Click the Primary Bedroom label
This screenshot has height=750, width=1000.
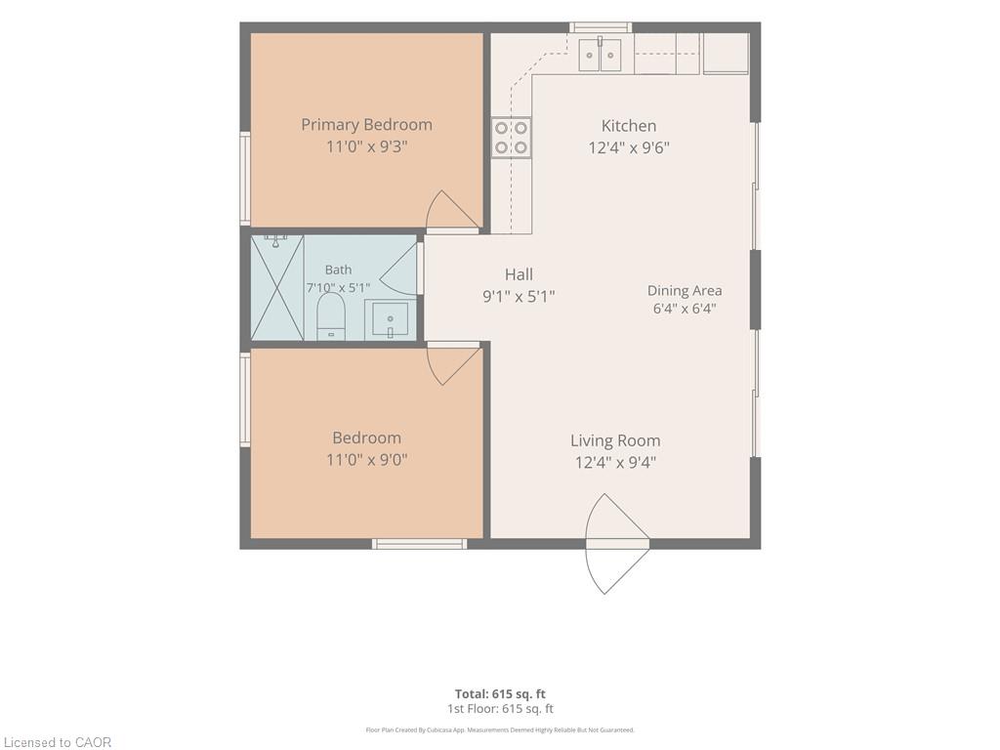(367, 124)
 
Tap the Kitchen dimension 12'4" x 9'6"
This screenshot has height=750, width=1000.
(629, 148)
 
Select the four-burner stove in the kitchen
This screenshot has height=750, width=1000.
(511, 138)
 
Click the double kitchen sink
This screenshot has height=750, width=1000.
(601, 55)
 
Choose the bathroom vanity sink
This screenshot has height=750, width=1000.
(391, 319)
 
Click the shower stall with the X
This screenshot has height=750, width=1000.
(277, 288)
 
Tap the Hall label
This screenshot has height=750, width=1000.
(520, 274)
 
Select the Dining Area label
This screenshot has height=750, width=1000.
(685, 291)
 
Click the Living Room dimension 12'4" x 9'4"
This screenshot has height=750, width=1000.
(615, 462)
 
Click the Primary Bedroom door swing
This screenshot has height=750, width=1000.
(452, 211)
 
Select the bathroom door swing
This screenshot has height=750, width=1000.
(400, 268)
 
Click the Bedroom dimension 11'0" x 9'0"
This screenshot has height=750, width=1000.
(367, 460)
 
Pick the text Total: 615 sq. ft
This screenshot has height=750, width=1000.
(500, 694)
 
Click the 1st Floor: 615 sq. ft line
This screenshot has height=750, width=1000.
(500, 709)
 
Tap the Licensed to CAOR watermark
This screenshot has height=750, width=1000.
(58, 742)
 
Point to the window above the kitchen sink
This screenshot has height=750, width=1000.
(601, 27)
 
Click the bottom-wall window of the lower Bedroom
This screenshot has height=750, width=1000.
(420, 544)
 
